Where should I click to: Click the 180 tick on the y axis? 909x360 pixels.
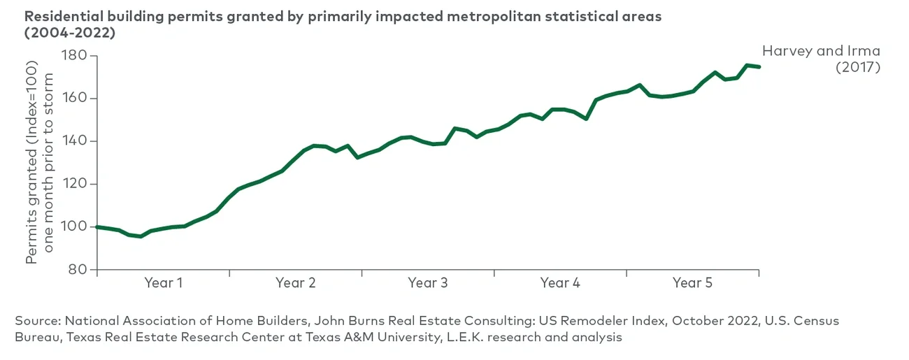[73, 56]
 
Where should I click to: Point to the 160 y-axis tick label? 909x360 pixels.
[73, 99]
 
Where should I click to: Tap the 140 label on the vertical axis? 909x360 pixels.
[73, 141]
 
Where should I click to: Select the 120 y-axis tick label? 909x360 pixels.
[73, 185]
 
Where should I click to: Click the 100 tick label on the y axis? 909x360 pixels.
[73, 227]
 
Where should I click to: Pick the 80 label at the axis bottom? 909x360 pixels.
[78, 270]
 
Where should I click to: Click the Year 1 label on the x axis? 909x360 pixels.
[163, 283]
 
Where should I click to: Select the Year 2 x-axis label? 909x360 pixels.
[295, 283]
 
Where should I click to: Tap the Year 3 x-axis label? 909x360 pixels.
[427, 283]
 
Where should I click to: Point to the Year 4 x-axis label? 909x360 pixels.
[559, 283]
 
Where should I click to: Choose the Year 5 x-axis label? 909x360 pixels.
[692, 283]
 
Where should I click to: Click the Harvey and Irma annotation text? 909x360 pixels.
[821, 51]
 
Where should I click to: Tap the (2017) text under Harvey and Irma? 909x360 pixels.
[858, 68]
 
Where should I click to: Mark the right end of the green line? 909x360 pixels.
[759, 67]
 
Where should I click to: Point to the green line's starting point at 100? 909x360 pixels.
[97, 227]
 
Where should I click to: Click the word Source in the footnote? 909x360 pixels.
[36, 321]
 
